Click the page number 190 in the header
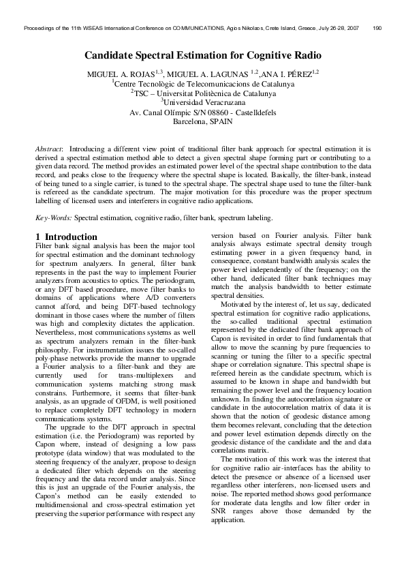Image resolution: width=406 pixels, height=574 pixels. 377,29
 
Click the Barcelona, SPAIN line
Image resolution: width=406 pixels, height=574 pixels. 202,123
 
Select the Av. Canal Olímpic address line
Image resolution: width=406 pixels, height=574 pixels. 202,113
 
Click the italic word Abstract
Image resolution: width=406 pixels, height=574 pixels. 48,148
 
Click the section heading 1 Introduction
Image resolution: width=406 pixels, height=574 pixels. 66,237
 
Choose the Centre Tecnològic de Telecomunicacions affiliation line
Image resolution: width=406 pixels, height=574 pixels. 202,84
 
